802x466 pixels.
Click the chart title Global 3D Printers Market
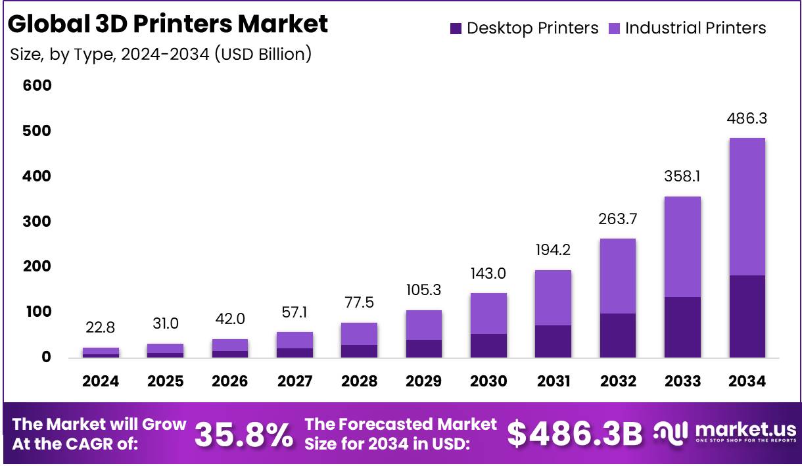click(168, 24)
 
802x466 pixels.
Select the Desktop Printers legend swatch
click(456, 28)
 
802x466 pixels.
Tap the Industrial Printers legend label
click(696, 28)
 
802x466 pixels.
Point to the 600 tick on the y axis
click(37, 85)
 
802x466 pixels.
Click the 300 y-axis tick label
click(37, 221)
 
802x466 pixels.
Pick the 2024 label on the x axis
click(101, 381)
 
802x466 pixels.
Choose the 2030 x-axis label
click(488, 381)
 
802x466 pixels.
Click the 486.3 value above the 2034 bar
click(747, 119)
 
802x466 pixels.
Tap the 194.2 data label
click(552, 250)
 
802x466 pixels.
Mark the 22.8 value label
click(101, 328)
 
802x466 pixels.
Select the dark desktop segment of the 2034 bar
click(747, 316)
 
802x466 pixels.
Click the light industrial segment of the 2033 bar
click(682, 246)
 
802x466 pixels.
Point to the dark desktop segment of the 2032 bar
click(618, 335)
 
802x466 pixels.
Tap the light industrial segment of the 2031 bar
click(552, 297)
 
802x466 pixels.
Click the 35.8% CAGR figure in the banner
click(244, 434)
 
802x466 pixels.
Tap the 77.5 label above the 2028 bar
click(359, 303)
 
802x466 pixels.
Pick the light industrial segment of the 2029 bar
click(424, 325)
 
